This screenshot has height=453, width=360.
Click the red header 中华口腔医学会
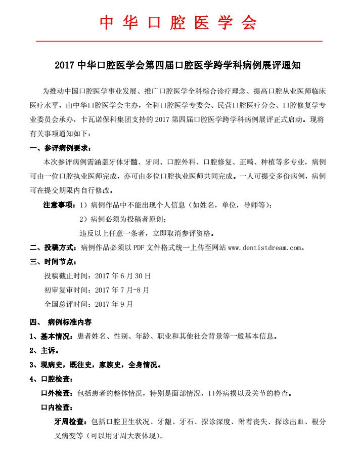point(178,23)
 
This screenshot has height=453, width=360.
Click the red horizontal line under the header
point(179,40)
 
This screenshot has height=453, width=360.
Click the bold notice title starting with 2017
point(180,65)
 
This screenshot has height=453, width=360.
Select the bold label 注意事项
point(58,205)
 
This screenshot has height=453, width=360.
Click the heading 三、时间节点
point(53,262)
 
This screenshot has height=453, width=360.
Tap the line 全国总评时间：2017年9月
point(88,304)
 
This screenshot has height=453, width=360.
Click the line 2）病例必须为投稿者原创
point(123,219)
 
